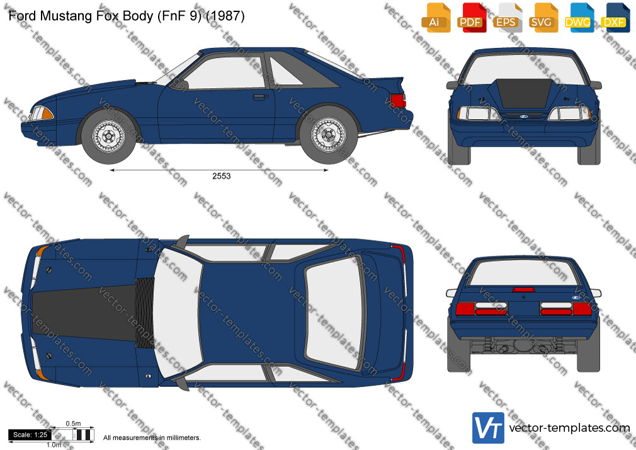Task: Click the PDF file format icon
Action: pyautogui.click(x=471, y=18)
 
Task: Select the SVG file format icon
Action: pyautogui.click(x=542, y=18)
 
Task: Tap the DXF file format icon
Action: pyautogui.click(x=615, y=18)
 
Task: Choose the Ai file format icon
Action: pyautogui.click(x=436, y=18)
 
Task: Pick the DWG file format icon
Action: pyautogui.click(x=579, y=18)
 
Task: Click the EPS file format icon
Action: pyautogui.click(x=507, y=18)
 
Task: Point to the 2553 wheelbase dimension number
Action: pyautogui.click(x=222, y=176)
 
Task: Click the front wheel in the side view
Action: pyautogui.click(x=109, y=136)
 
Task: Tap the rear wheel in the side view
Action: pyautogui.click(x=328, y=136)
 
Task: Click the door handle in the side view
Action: pyautogui.click(x=259, y=97)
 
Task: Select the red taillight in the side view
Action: pyautogui.click(x=398, y=100)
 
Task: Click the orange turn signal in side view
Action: pyautogui.click(x=47, y=113)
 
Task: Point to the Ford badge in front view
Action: pyautogui.click(x=523, y=117)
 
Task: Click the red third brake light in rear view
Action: pyautogui.click(x=523, y=289)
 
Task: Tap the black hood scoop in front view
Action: pyautogui.click(x=524, y=93)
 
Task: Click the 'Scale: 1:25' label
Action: pyautogui.click(x=30, y=435)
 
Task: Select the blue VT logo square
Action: pyautogui.click(x=489, y=428)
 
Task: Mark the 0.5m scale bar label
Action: pyautogui.click(x=74, y=424)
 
